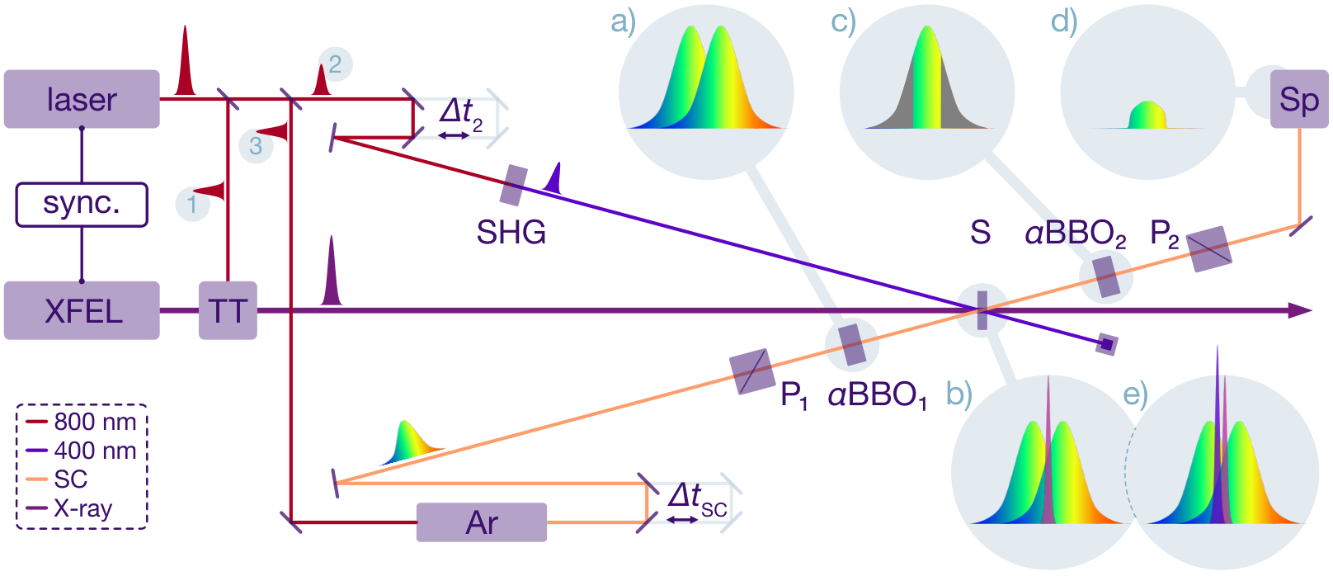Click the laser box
tap(82, 99)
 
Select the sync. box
tap(82, 205)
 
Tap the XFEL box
tap(82, 310)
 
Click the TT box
tap(228, 310)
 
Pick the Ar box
tap(482, 522)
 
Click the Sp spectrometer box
tap(1299, 99)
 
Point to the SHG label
tap(511, 232)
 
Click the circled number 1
tap(192, 204)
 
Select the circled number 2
tap(336, 64)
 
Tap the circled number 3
tap(256, 146)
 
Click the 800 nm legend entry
tap(82, 422)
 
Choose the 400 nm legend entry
tap(82, 451)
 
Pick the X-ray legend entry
tap(69, 508)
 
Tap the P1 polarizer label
tap(794, 395)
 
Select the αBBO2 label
tap(1076, 234)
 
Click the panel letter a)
tap(623, 22)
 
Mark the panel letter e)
tap(1135, 394)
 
